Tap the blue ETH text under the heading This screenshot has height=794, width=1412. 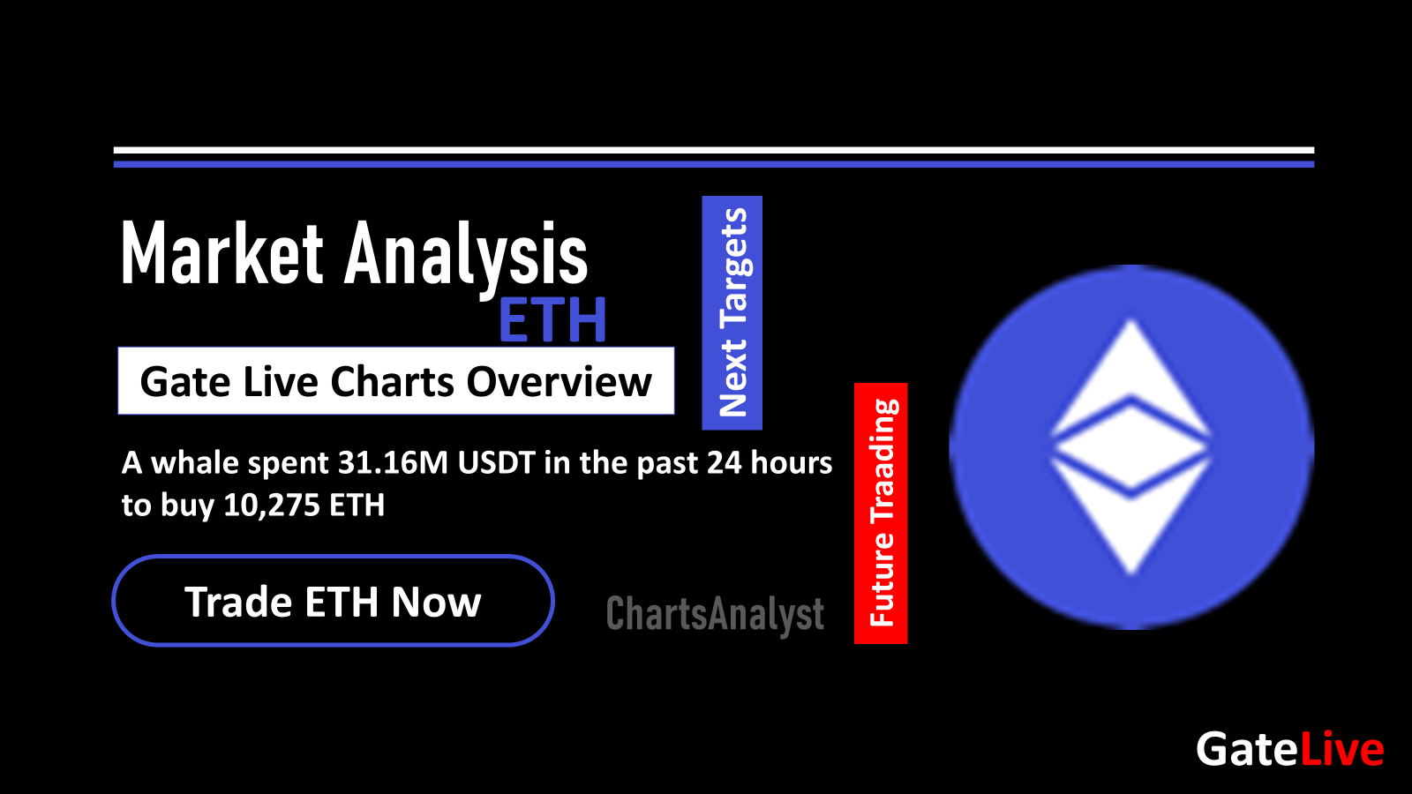(x=552, y=320)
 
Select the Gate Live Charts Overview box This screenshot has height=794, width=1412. (x=396, y=381)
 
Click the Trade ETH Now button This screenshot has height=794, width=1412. (x=333, y=601)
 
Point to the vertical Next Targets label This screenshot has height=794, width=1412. (x=732, y=312)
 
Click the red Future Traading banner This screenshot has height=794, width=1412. (x=881, y=513)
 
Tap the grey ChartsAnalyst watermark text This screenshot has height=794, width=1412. (x=715, y=614)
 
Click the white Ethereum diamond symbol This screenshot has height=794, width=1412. (x=1130, y=446)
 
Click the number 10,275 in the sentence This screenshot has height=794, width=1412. (x=272, y=505)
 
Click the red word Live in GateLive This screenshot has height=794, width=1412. (x=1341, y=750)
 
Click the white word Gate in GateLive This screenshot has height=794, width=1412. (x=1247, y=750)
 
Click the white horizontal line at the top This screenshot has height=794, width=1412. (x=713, y=151)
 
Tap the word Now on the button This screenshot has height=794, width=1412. (x=436, y=602)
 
